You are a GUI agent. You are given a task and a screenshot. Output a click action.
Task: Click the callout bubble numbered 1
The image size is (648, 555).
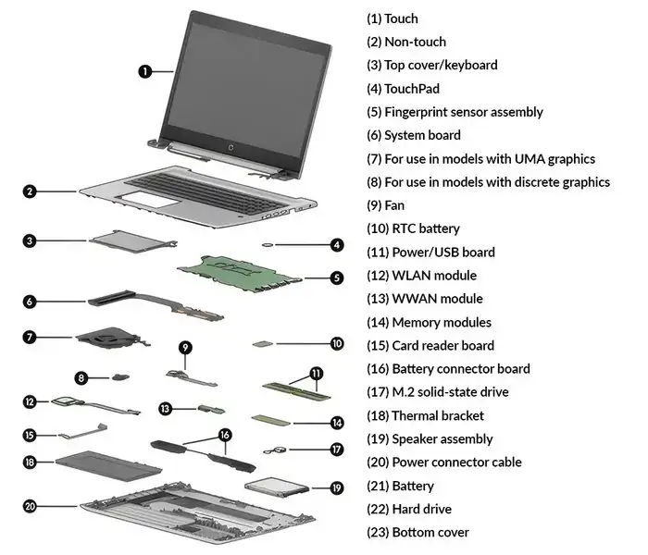145,70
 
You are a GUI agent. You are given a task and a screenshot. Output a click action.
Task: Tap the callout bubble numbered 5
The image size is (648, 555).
337,277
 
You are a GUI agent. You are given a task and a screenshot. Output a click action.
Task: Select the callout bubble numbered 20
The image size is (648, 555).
30,506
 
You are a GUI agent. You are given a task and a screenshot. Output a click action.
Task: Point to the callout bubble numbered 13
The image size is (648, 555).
165,408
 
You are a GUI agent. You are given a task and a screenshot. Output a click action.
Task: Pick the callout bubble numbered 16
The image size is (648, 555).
224,434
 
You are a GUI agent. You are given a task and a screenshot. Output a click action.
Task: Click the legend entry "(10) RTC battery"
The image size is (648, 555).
413,228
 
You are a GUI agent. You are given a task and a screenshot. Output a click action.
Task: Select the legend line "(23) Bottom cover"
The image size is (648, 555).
417,532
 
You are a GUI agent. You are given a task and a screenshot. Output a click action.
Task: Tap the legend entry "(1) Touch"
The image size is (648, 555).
393,18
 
